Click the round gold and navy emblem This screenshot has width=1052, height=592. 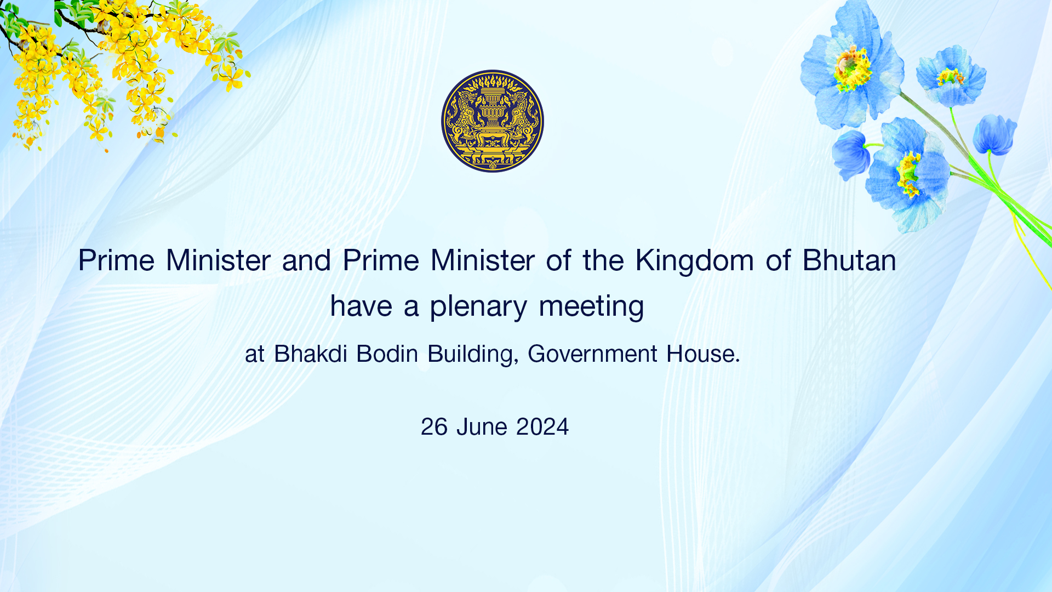[x=493, y=121]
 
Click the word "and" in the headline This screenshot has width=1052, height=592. [x=306, y=260]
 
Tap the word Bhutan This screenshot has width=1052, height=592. [x=849, y=260]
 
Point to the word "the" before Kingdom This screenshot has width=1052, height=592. [x=603, y=260]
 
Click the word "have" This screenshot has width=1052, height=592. [x=361, y=306]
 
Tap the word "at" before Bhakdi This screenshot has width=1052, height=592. [x=255, y=355]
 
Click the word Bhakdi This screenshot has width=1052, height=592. [x=311, y=354]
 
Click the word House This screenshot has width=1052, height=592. [x=704, y=354]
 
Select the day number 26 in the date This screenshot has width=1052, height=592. [x=434, y=427]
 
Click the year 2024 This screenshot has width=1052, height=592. [x=542, y=427]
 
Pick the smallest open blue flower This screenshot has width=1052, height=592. [x=951, y=76]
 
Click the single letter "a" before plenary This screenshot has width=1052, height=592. [x=411, y=307]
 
